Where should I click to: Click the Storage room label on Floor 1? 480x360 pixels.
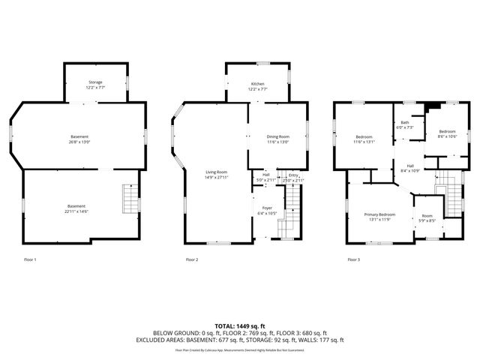(x=95, y=85)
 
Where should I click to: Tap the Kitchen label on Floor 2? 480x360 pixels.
(x=258, y=85)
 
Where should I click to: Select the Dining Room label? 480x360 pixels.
(x=277, y=139)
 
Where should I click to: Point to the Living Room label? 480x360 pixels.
(x=217, y=175)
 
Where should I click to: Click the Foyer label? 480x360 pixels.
(x=266, y=210)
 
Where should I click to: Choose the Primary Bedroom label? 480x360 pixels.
(x=379, y=216)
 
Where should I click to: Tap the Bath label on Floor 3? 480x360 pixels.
(x=404, y=124)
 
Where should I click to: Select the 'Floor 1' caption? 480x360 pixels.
(x=30, y=259)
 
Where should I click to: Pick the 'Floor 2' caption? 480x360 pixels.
(x=192, y=259)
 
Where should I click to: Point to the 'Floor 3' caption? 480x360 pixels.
(x=353, y=259)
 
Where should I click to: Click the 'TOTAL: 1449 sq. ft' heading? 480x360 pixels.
(x=239, y=326)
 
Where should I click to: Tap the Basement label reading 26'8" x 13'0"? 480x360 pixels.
(x=79, y=139)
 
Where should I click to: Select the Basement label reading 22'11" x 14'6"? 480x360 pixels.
(x=76, y=208)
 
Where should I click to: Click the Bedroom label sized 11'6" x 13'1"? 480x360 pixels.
(x=364, y=139)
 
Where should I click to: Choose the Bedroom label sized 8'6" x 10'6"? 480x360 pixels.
(x=447, y=133)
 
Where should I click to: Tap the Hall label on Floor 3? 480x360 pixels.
(x=410, y=168)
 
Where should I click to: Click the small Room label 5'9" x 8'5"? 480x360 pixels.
(x=427, y=218)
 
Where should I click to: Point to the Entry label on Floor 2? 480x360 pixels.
(x=293, y=178)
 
